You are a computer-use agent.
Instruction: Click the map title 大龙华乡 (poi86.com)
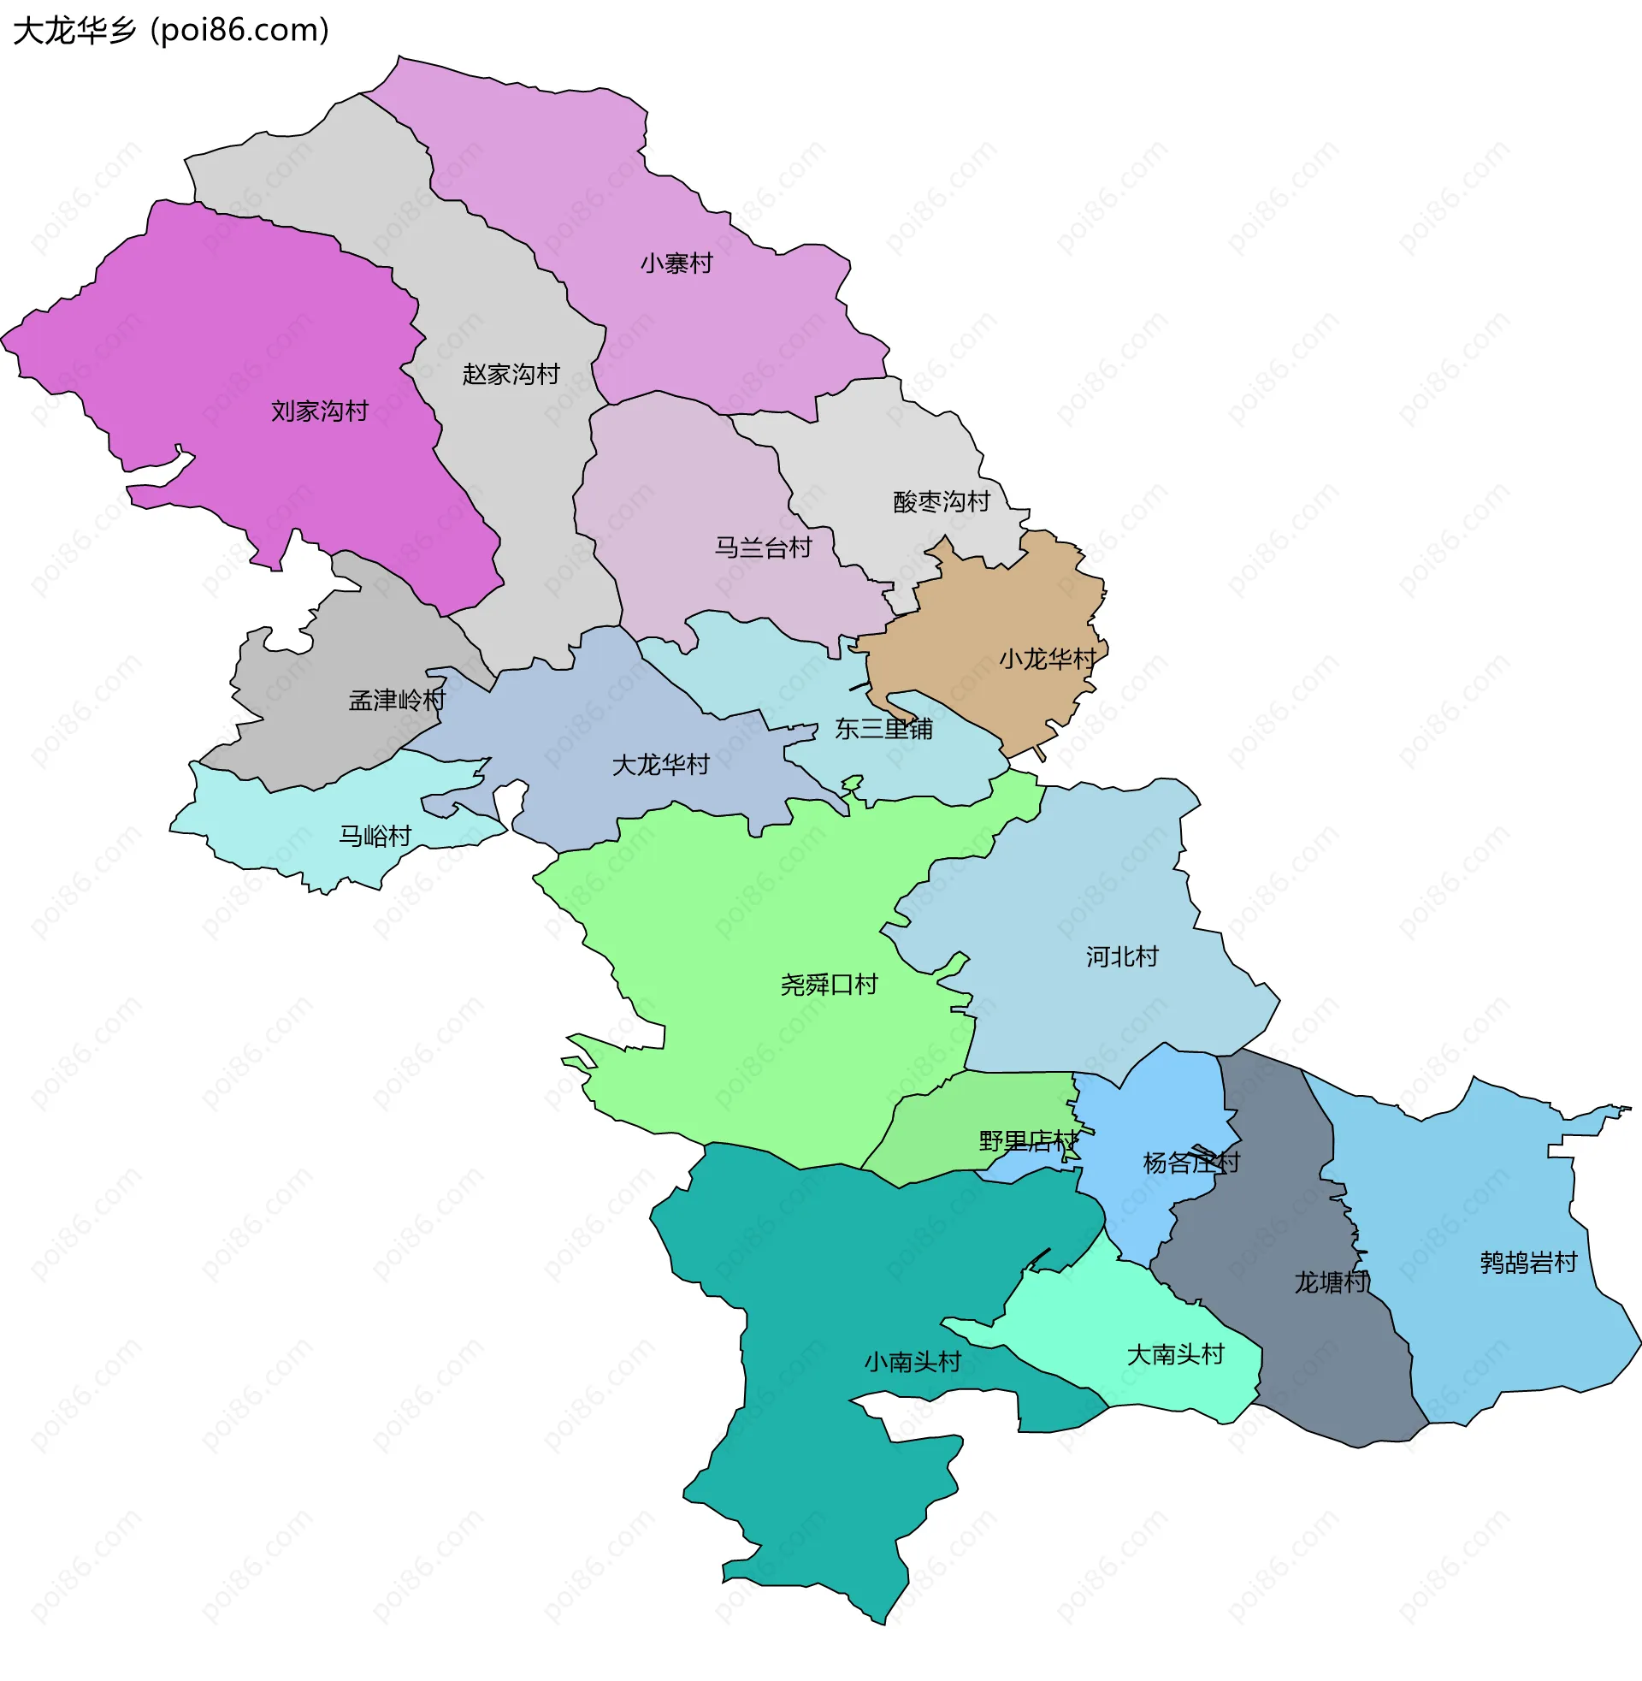click(171, 31)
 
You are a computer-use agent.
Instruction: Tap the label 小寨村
click(676, 263)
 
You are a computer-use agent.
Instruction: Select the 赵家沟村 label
click(511, 375)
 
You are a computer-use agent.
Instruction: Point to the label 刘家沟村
click(319, 411)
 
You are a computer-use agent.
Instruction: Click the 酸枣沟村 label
click(941, 502)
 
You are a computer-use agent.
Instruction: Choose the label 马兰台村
click(763, 548)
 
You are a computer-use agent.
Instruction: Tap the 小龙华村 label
click(1047, 660)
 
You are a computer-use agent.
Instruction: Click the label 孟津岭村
click(397, 701)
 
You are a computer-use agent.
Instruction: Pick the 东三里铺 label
click(883, 730)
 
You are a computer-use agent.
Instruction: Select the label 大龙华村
click(659, 765)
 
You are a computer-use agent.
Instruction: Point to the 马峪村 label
click(375, 836)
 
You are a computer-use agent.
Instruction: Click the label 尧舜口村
click(829, 985)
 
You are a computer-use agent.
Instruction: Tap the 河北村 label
click(1121, 956)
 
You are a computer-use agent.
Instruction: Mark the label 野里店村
click(1028, 1142)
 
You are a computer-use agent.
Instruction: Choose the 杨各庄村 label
click(1191, 1163)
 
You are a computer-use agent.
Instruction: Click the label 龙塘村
click(1332, 1282)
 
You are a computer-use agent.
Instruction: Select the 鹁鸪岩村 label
click(1528, 1263)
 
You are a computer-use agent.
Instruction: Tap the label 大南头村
click(1175, 1355)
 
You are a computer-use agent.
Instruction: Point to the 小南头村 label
click(913, 1363)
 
